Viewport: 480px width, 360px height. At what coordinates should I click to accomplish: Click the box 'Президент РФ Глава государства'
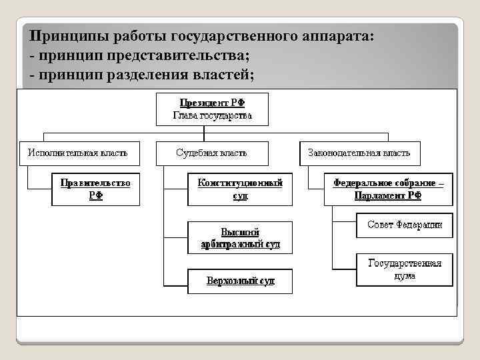pos(212,109)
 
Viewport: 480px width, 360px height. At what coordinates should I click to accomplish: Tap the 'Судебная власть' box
pos(211,153)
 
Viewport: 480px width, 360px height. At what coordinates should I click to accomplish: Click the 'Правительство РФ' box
pos(95,189)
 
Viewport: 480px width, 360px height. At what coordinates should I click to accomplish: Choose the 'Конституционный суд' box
pos(240,189)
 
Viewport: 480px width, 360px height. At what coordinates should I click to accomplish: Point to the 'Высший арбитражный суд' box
pos(240,237)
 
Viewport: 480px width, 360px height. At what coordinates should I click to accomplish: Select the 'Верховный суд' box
pos(240,281)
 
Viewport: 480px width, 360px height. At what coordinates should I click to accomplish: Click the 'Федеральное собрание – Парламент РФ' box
pos(388,189)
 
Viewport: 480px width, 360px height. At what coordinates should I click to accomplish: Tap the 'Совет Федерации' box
pos(405,225)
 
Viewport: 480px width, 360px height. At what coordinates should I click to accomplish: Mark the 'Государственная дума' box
pos(405,269)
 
